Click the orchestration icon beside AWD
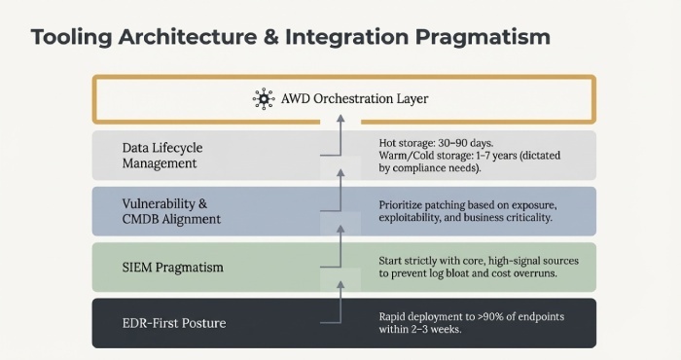pos(262,98)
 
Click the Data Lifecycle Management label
pos(162,156)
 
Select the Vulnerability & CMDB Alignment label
pos(171,212)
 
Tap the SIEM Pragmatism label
pos(173,268)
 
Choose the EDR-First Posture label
pos(175,322)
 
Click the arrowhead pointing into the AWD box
pos(340,118)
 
